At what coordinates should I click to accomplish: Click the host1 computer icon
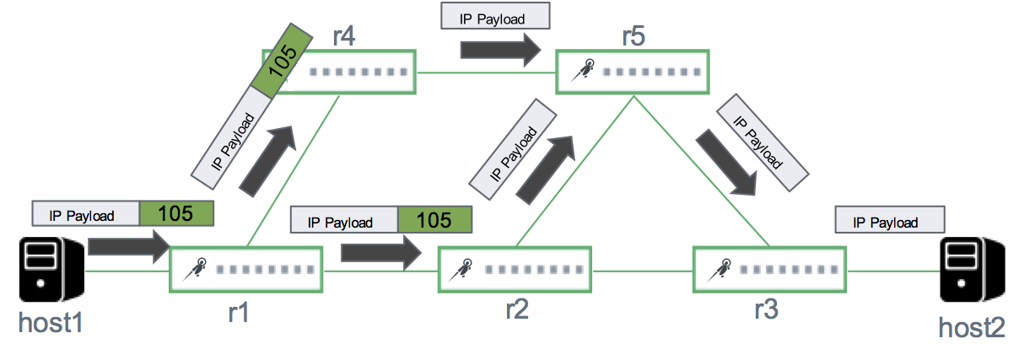[52, 270]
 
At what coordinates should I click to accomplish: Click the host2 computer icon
[973, 269]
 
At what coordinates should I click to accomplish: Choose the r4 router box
[347, 72]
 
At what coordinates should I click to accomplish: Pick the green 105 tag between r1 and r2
[434, 220]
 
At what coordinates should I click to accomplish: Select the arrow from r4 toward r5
[500, 50]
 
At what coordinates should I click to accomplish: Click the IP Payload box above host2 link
[889, 221]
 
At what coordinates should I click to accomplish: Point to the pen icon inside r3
[718, 270]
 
